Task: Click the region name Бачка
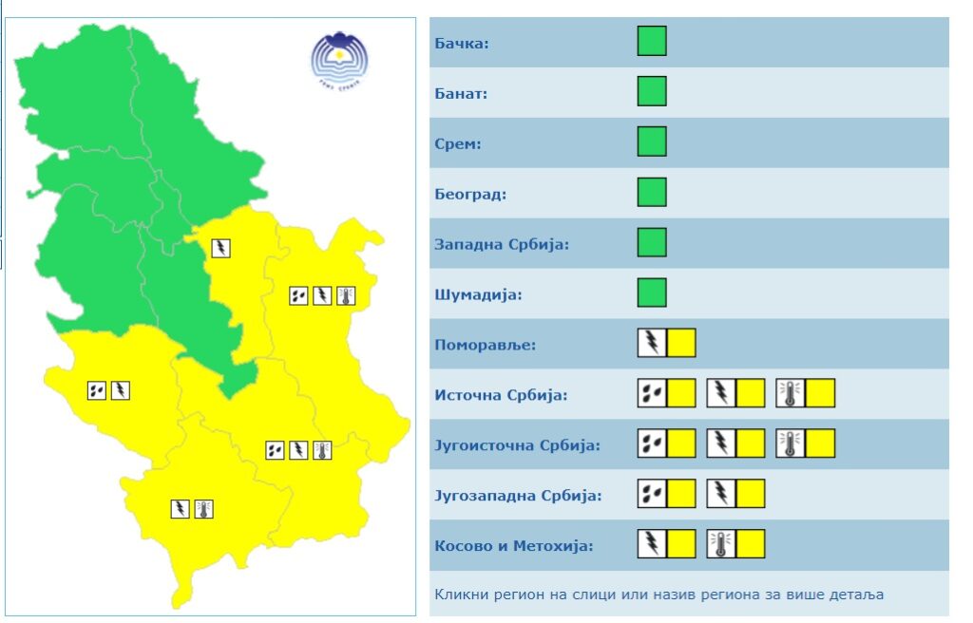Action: pyautogui.click(x=462, y=44)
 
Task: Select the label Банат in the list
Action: pyautogui.click(x=461, y=94)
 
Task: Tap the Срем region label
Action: pyautogui.click(x=458, y=144)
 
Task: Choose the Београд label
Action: pyautogui.click(x=470, y=195)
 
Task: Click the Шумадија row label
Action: pyautogui.click(x=479, y=295)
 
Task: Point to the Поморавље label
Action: pyautogui.click(x=485, y=345)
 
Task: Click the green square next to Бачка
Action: pyautogui.click(x=652, y=42)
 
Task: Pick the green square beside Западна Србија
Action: pyautogui.click(x=652, y=242)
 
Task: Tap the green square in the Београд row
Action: pyautogui.click(x=652, y=192)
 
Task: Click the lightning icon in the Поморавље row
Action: pyautogui.click(x=652, y=343)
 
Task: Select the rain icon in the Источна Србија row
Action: pyautogui.click(x=652, y=393)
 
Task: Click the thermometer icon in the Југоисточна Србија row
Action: pyautogui.click(x=791, y=444)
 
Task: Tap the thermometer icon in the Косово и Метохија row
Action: pyautogui.click(x=721, y=544)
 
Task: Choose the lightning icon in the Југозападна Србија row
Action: pyautogui.click(x=721, y=494)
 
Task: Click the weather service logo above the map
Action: pyautogui.click(x=339, y=58)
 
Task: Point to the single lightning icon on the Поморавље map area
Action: pyautogui.click(x=221, y=248)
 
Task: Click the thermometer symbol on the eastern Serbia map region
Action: pyautogui.click(x=346, y=295)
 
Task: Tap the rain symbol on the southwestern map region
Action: pyautogui.click(x=97, y=389)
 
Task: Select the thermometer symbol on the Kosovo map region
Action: pyautogui.click(x=203, y=509)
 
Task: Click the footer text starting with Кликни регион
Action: pyautogui.click(x=658, y=595)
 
